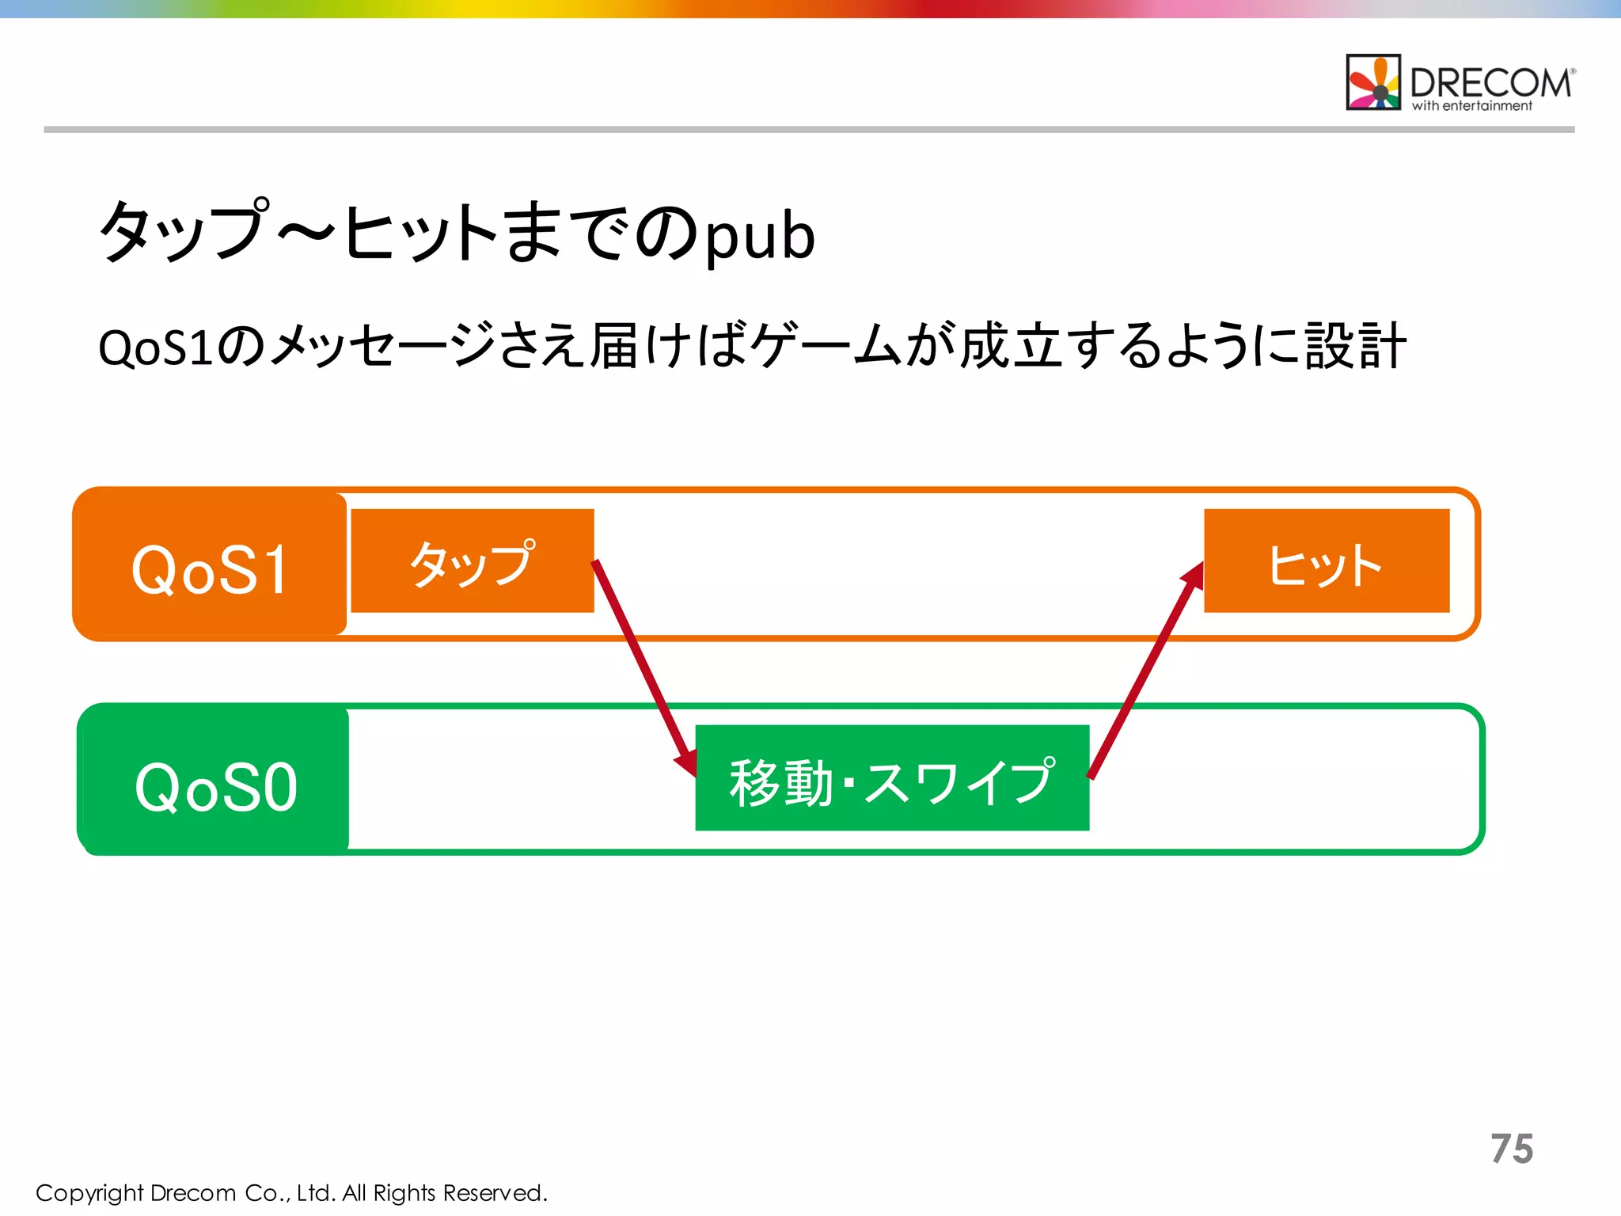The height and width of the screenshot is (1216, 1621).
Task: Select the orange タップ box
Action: pyautogui.click(x=473, y=561)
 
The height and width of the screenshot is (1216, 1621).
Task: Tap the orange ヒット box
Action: pyautogui.click(x=1327, y=561)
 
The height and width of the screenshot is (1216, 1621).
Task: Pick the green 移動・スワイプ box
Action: pyautogui.click(x=892, y=778)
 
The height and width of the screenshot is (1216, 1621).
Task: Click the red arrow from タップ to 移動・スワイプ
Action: pyautogui.click(x=643, y=665)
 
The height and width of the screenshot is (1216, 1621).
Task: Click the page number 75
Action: pyautogui.click(x=1512, y=1149)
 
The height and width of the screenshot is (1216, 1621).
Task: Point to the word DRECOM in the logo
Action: pyautogui.click(x=1490, y=82)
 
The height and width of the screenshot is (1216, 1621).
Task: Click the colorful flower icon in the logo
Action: pyautogui.click(x=1373, y=82)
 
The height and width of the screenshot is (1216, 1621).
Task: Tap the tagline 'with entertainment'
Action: pyautogui.click(x=1472, y=106)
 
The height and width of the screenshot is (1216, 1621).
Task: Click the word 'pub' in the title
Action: pyautogui.click(x=760, y=236)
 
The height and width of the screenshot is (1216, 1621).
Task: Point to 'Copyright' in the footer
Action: pyautogui.click(x=89, y=1193)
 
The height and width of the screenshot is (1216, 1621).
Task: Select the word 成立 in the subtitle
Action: pyautogui.click(x=1012, y=347)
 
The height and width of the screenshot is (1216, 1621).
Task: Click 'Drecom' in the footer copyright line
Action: pyautogui.click(x=193, y=1192)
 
